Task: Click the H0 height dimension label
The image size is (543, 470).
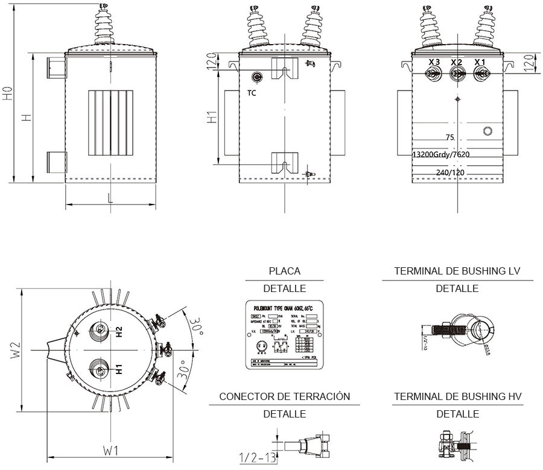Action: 7,94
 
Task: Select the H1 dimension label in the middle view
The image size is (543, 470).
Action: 212,118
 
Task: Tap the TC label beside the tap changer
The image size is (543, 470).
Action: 252,94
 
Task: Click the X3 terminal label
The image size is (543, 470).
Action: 434,63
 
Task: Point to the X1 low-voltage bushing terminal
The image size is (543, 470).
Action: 481,74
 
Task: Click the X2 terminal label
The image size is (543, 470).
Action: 457,63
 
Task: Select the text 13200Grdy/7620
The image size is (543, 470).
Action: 441,154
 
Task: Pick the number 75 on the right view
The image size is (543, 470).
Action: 449,138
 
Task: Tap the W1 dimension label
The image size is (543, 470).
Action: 110,450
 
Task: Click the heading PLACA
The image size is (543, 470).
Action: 284,272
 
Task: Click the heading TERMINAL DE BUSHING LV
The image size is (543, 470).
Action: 457,272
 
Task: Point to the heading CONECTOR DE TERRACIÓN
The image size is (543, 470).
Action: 284,396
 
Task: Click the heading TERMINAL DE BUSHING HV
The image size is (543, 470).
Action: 457,396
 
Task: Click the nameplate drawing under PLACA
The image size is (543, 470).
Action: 284,334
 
